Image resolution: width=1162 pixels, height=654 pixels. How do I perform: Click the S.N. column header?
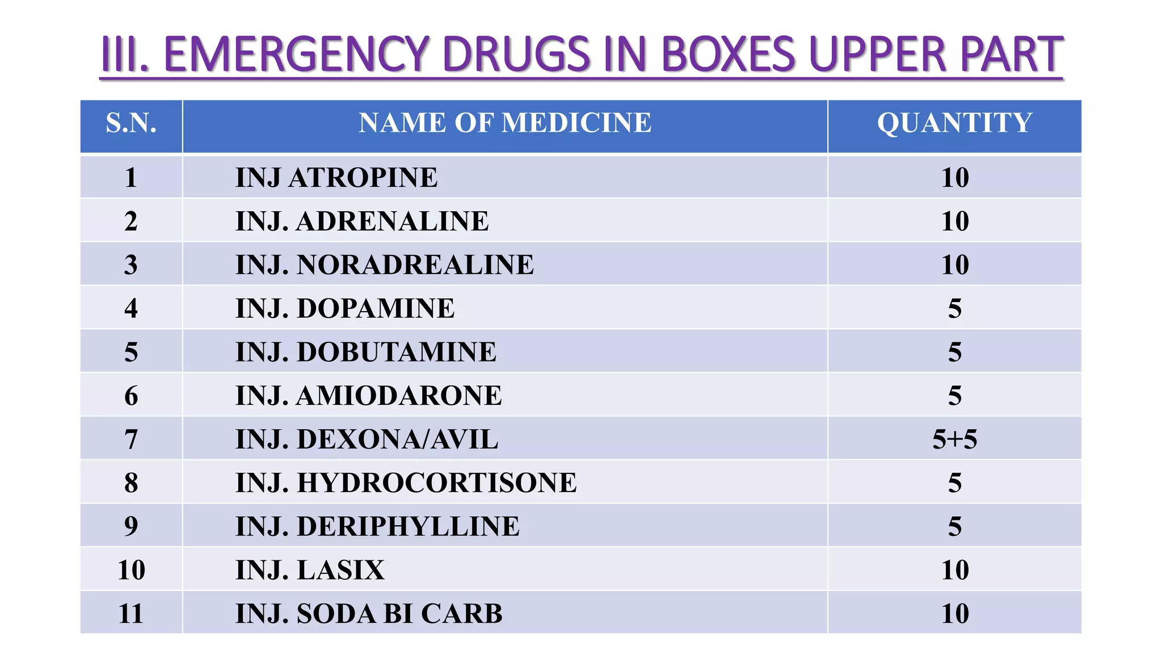[131, 123]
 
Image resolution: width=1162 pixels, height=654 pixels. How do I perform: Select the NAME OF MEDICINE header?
[505, 123]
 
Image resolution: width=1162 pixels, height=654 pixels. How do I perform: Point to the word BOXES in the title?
[729, 54]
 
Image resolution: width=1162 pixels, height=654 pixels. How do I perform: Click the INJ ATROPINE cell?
[336, 178]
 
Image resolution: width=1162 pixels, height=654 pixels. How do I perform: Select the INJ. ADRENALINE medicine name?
[362, 221]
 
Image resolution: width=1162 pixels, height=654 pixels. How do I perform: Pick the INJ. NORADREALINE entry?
[385, 265]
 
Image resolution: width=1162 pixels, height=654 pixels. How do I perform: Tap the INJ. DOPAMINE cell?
[345, 309]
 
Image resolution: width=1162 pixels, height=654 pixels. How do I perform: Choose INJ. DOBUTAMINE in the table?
[366, 352]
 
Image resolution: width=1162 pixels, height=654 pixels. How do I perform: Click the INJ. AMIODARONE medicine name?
[369, 396]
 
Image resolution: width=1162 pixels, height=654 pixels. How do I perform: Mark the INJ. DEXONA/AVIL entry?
[367, 439]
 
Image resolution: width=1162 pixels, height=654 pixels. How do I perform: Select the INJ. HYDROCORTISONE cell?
[406, 483]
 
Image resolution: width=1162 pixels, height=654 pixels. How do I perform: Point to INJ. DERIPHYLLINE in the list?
[377, 527]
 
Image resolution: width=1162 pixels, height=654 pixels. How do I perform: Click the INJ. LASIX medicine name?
[310, 570]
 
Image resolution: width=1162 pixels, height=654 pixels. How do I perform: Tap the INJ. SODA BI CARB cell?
[369, 614]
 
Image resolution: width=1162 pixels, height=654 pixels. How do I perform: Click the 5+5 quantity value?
[955, 439]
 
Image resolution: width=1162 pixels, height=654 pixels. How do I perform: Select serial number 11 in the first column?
[131, 614]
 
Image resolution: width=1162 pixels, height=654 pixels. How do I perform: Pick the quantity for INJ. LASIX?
[955, 570]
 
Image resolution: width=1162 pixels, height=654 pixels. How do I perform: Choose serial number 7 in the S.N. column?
[131, 439]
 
